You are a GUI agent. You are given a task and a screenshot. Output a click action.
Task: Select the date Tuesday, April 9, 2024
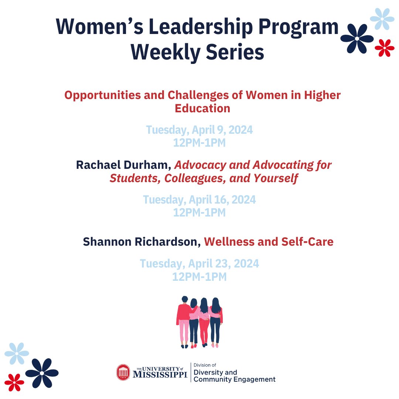[199, 130]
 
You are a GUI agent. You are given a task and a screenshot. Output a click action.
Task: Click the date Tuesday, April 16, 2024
[199, 200]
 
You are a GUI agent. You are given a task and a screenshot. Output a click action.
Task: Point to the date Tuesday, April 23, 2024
[199, 264]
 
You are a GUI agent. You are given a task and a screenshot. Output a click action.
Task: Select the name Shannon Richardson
[142, 242]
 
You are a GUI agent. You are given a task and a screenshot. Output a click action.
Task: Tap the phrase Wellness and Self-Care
[269, 242]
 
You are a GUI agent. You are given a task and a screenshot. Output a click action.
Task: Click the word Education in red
[202, 109]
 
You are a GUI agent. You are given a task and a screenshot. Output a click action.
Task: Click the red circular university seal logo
[123, 372]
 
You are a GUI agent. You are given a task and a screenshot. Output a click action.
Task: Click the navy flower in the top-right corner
[357, 38]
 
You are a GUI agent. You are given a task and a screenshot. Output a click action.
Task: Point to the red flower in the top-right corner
[385, 48]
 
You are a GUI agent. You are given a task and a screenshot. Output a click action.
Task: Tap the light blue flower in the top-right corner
[382, 18]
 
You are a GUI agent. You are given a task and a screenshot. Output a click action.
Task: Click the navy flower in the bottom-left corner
[42, 373]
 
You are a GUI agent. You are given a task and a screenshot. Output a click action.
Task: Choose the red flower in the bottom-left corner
[14, 382]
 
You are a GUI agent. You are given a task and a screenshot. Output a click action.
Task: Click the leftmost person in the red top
[184, 321]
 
